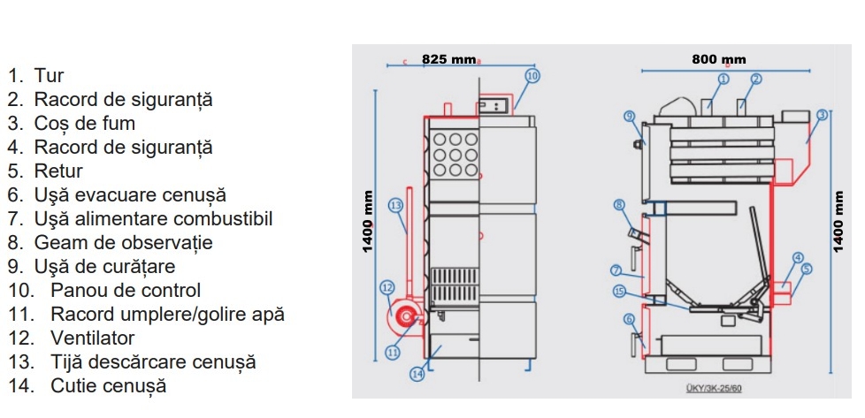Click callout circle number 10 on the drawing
531,76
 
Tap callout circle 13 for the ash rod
395,205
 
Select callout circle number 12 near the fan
387,286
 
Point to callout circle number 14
417,375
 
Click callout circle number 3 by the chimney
822,114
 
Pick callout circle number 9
629,116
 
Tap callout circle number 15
619,291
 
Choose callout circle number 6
629,319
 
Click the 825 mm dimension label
448,59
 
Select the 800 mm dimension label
718,59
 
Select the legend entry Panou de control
126,290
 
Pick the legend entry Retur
58,171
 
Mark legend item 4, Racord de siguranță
123,148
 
